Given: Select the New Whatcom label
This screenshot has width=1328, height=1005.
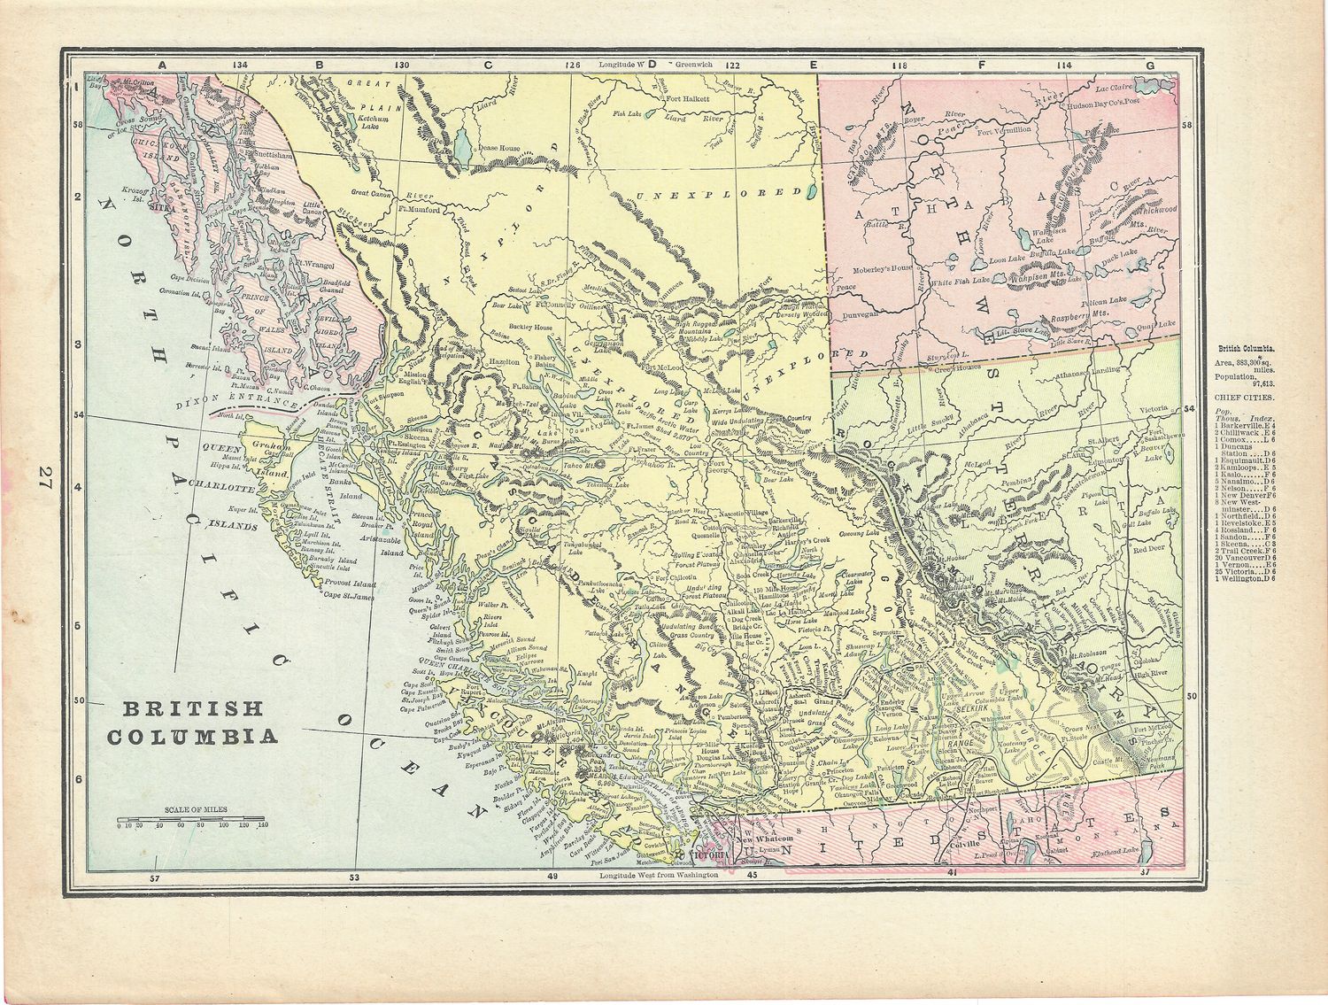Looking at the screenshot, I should [x=762, y=839].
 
